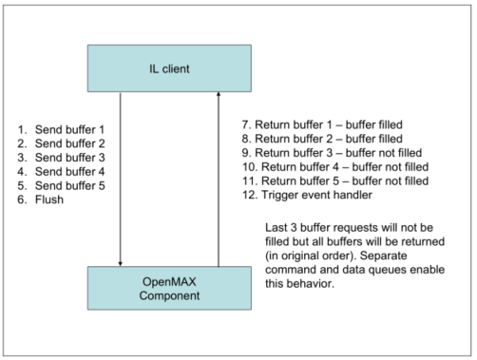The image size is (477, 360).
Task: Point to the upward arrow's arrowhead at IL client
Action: click(x=218, y=93)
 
